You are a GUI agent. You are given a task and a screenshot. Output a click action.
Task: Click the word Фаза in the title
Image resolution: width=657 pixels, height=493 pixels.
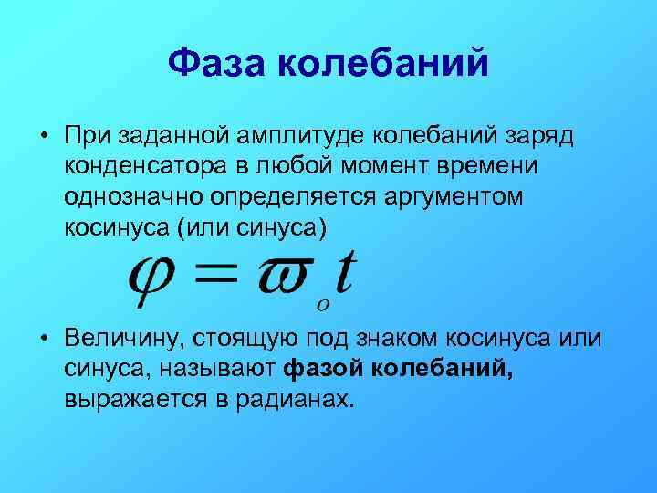pyautogui.click(x=216, y=65)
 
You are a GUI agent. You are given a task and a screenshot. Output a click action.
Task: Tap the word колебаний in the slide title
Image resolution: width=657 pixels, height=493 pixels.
pyautogui.click(x=382, y=65)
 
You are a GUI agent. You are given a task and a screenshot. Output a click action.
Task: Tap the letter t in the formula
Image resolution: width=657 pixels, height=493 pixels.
pyautogui.click(x=344, y=268)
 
